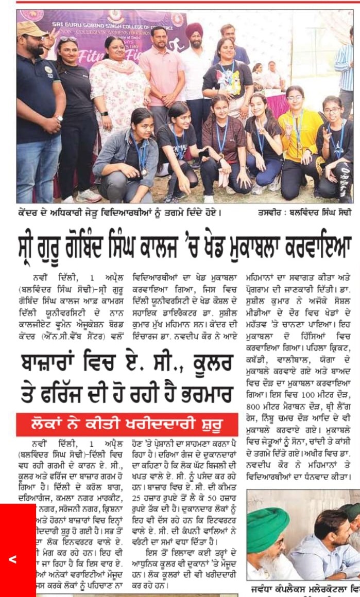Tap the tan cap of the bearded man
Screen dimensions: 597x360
32,29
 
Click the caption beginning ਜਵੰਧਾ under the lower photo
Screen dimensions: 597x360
304,588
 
